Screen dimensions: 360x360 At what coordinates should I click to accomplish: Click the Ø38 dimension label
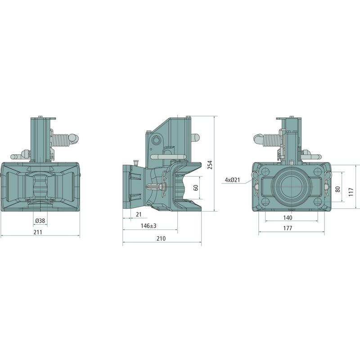[40, 221]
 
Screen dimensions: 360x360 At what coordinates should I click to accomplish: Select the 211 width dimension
[38, 232]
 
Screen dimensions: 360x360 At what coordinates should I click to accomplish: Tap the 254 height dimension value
[210, 165]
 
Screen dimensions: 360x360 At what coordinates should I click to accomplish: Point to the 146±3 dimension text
[148, 226]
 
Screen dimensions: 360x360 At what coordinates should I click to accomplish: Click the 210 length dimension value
[161, 238]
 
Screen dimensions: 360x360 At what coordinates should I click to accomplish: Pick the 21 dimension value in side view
[139, 215]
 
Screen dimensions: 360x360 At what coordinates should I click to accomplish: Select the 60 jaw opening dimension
[196, 188]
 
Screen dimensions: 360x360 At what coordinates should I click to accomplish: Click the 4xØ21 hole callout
[232, 180]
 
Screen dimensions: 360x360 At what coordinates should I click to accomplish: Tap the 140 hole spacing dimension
[288, 218]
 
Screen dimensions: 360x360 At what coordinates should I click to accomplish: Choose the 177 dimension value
[288, 228]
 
